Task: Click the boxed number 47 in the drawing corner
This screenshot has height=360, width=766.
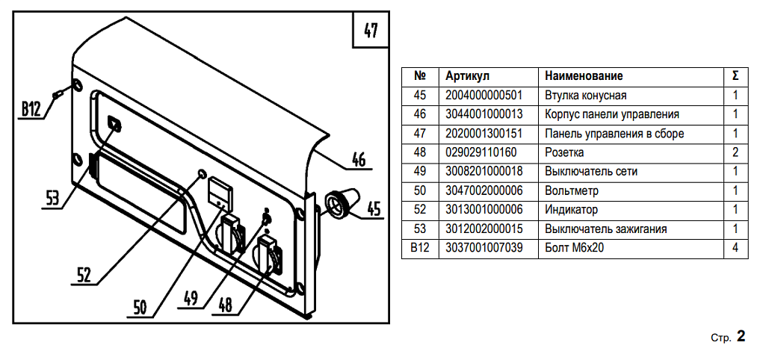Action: click(x=371, y=31)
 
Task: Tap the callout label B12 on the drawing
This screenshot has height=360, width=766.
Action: click(x=31, y=109)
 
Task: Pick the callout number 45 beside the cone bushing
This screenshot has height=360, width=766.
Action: click(x=373, y=208)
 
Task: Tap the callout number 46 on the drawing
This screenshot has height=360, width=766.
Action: click(x=358, y=160)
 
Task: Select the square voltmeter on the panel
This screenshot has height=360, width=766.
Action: click(x=220, y=191)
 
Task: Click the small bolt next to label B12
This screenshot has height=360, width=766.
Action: click(x=59, y=93)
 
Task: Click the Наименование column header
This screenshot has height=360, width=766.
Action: click(x=584, y=76)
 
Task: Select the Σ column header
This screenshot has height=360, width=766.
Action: click(x=735, y=76)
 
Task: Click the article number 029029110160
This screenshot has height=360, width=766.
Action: click(x=481, y=152)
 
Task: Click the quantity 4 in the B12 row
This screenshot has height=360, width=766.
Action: click(x=735, y=247)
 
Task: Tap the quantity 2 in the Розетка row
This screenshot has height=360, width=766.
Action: click(x=735, y=152)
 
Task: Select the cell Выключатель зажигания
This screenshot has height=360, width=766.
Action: click(x=605, y=229)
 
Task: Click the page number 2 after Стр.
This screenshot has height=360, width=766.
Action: click(x=741, y=337)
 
